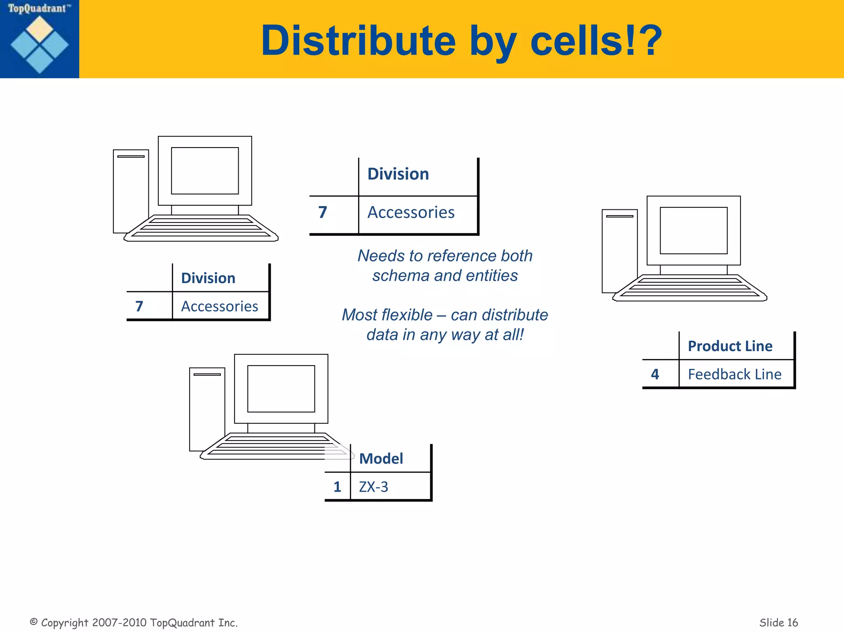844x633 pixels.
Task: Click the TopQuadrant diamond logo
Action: tap(40, 45)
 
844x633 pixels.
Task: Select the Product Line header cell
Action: tap(730, 346)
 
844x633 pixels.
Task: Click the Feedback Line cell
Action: tap(734, 374)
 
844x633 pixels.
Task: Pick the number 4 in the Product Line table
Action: tap(655, 374)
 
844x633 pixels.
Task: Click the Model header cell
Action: tap(381, 459)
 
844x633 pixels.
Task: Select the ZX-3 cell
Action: tap(373, 487)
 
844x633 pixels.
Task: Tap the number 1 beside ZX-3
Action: tap(337, 487)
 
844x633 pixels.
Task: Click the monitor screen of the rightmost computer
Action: tap(694, 230)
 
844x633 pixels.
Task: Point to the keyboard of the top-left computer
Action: tap(201, 229)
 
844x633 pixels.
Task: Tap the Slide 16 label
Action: tap(778, 622)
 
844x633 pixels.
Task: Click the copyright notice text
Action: tap(134, 622)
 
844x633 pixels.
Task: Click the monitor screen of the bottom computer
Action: tap(281, 389)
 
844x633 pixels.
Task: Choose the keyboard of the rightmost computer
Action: tap(689, 288)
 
